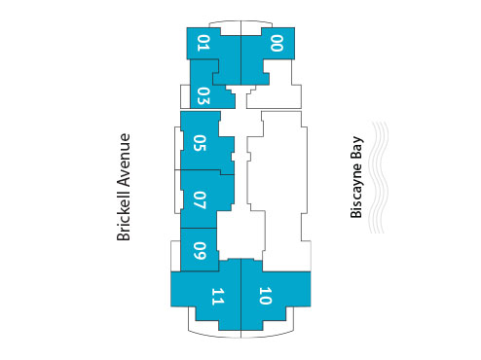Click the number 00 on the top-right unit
coord(277,42)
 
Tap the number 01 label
coord(203,42)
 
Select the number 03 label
coord(203,95)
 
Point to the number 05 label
coord(200,143)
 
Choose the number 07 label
coord(200,200)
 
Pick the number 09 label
coord(199,251)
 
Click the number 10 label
coord(266,296)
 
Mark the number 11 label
coord(218,296)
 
